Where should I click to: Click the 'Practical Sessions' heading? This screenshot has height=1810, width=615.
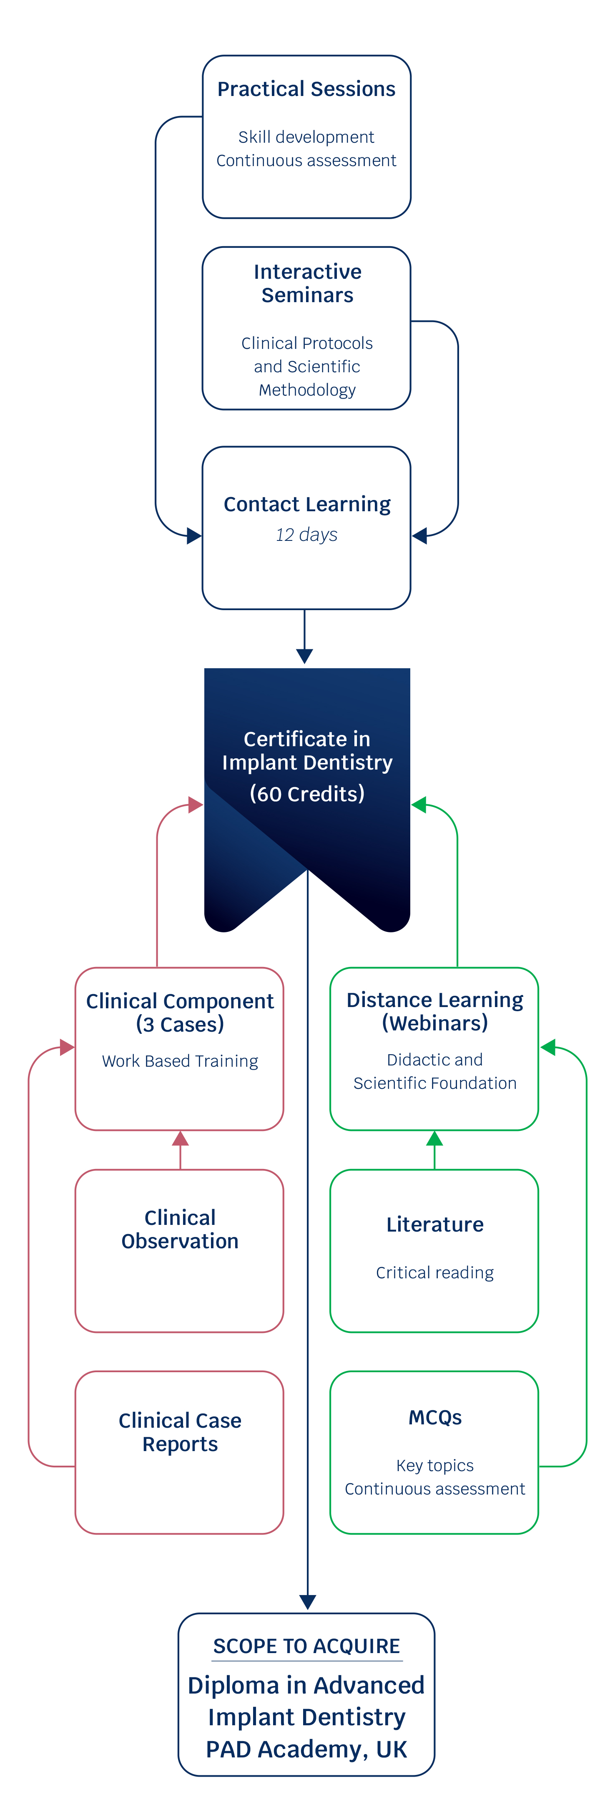tap(306, 89)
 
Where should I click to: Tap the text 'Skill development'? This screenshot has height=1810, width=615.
tap(306, 137)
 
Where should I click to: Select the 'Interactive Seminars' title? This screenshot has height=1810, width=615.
tap(308, 283)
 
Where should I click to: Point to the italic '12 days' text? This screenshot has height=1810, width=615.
tap(306, 535)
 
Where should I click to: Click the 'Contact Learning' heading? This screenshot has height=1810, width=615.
tap(307, 505)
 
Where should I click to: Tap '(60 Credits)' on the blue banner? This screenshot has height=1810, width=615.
tap(307, 794)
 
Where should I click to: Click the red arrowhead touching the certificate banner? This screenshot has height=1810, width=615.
tap(195, 805)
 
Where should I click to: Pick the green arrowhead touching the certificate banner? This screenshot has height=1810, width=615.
tap(419, 805)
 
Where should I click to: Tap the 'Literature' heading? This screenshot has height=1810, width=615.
tap(434, 1225)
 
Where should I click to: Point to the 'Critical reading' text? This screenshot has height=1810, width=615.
tap(434, 1272)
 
